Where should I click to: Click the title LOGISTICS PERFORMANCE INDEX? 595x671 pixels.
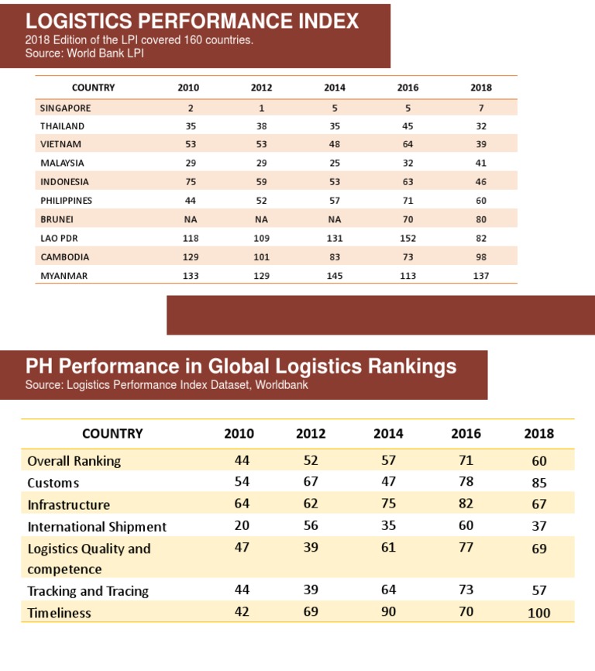point(192,21)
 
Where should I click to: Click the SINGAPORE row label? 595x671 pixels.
point(65,108)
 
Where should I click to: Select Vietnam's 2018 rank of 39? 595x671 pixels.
point(480,144)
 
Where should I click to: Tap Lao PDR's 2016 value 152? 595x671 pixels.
point(408,239)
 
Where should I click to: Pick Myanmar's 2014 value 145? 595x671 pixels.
point(335,276)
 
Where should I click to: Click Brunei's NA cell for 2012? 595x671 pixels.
point(261,219)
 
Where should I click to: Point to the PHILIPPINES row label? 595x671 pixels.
point(66,201)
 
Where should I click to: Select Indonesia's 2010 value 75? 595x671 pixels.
point(191,182)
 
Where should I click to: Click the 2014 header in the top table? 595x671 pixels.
point(335,88)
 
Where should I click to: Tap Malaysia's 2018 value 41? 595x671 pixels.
point(480,163)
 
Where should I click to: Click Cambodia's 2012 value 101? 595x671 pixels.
point(261,257)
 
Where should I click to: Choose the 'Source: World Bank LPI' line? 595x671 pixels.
point(84,53)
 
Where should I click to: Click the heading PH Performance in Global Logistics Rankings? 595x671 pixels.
point(241,366)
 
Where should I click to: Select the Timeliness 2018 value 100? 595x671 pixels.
point(538,613)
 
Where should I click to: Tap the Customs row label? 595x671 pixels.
point(53,483)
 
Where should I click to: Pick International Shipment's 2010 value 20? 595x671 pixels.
point(242,526)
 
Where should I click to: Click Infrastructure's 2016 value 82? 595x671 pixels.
point(466,504)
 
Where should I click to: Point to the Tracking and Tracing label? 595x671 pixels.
point(88,591)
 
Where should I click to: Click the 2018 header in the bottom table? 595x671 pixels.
point(538,434)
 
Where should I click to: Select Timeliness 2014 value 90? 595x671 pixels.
point(388,612)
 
